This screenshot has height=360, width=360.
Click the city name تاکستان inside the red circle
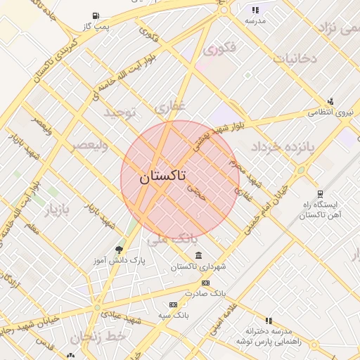162,176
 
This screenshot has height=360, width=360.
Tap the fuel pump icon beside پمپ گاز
96,15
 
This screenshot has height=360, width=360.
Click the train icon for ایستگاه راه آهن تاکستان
321,193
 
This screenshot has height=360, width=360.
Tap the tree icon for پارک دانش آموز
118,250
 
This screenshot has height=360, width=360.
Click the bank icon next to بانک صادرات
205,282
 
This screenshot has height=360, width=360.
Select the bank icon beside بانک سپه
174,304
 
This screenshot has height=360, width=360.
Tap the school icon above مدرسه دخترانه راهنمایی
269,320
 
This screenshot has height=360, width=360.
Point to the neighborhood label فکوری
219,49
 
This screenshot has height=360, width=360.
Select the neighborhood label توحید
119,112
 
